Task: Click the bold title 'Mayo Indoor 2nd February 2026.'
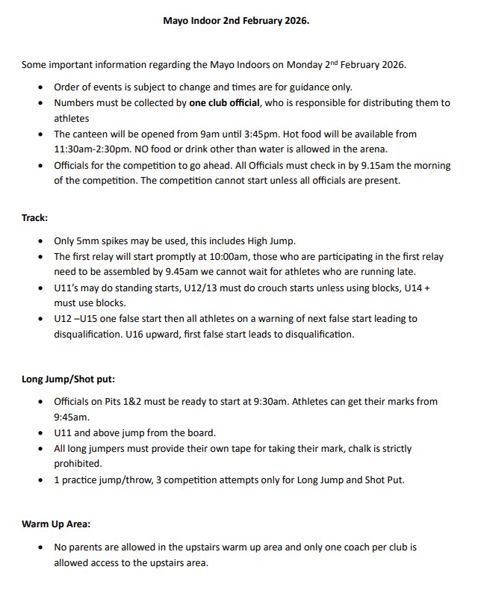tap(236, 21)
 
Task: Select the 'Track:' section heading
tap(34, 219)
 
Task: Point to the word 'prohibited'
tap(78, 463)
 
